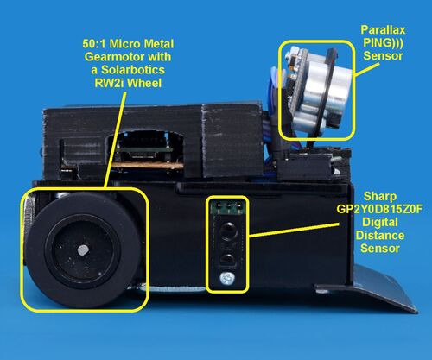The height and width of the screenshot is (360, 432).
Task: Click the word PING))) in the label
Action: tap(383, 42)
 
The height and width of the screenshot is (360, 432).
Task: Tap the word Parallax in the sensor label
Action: tap(383, 29)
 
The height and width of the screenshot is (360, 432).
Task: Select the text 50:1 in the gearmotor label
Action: tap(94, 44)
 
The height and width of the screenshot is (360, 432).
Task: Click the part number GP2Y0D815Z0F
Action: tap(380, 209)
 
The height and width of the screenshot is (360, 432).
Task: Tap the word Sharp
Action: tap(380, 196)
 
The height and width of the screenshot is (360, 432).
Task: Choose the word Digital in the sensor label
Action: tap(380, 222)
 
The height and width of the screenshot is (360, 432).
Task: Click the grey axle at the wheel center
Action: tap(82, 249)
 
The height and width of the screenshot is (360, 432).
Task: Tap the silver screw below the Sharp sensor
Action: tap(227, 279)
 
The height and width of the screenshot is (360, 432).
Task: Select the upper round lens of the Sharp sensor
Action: tap(229, 231)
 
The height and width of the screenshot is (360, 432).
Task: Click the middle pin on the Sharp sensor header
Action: tap(229, 206)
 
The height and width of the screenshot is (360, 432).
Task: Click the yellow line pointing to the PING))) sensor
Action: tap(367, 69)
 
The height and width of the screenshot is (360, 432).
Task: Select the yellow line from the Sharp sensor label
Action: tap(294, 230)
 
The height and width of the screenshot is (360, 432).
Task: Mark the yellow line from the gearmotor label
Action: tap(116, 140)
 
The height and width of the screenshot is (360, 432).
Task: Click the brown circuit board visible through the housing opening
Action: tap(147, 165)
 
